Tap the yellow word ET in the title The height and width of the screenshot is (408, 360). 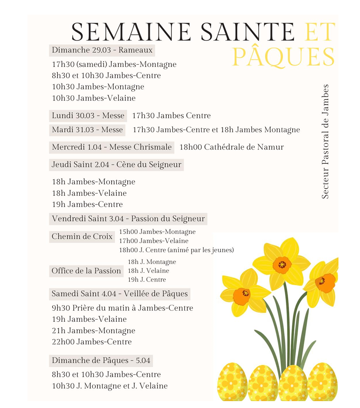[x=320, y=32]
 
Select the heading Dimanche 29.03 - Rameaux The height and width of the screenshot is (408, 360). [x=102, y=50]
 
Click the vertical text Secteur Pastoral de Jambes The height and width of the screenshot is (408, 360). [x=325, y=141]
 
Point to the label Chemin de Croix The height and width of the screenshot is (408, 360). [x=82, y=237]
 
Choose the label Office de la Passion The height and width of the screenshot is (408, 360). [x=86, y=271]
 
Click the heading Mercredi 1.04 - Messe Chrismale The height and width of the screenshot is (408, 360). [x=112, y=147]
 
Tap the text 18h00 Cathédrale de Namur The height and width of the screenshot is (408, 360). [x=231, y=147]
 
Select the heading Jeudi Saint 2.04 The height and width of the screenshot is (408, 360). [x=116, y=165]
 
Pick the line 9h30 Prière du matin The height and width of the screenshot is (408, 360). [x=122, y=308]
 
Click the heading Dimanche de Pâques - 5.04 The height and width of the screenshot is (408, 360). [x=101, y=360]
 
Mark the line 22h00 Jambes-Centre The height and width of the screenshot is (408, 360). [x=92, y=342]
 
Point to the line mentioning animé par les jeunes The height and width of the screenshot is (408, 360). [x=176, y=250]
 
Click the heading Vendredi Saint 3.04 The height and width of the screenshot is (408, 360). [x=128, y=219]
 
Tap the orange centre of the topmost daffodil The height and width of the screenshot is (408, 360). [x=282, y=265]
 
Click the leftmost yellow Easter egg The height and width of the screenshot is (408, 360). [x=232, y=383]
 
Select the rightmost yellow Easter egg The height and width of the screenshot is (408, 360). [x=322, y=383]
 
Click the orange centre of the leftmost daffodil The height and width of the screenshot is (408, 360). [x=241, y=296]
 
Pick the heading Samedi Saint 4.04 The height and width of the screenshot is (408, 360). [x=120, y=294]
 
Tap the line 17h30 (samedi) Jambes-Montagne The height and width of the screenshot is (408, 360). [x=114, y=65]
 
